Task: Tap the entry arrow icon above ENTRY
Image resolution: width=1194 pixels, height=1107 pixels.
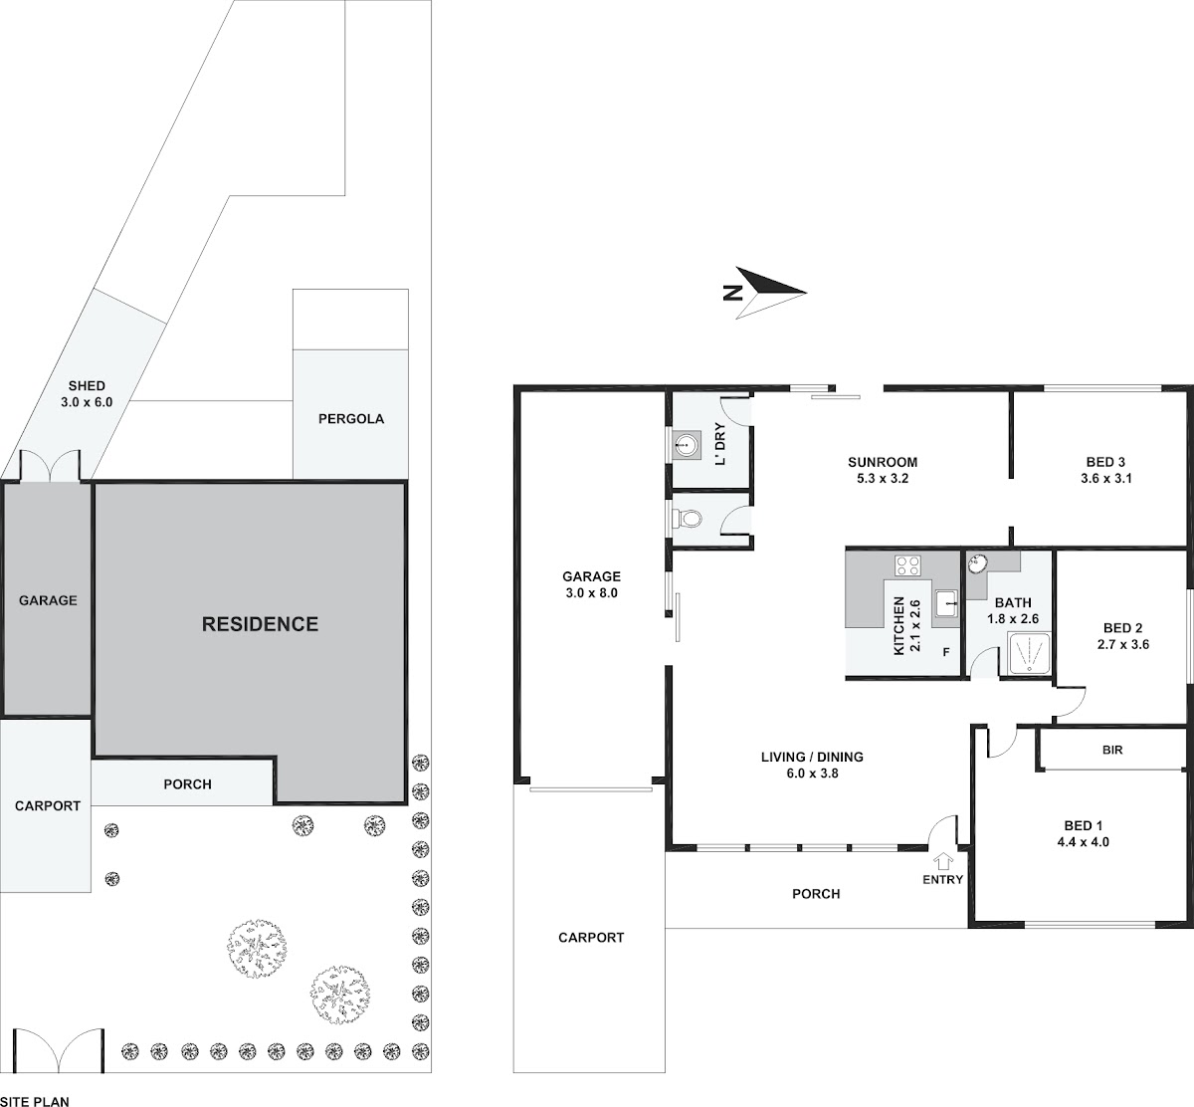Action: tap(942, 861)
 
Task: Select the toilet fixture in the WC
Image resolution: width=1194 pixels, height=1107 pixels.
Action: tap(688, 518)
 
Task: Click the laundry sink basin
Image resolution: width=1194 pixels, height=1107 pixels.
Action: tap(686, 446)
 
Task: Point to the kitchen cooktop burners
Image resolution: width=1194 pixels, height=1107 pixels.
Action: tap(907, 565)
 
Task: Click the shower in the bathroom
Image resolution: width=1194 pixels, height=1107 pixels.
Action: tap(1029, 653)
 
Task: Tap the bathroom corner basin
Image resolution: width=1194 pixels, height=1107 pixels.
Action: tap(977, 563)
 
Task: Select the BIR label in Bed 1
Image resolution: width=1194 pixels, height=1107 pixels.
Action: tap(1112, 750)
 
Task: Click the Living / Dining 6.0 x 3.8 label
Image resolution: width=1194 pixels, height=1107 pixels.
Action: tap(812, 765)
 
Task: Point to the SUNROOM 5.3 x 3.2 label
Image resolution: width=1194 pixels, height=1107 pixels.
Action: tap(883, 470)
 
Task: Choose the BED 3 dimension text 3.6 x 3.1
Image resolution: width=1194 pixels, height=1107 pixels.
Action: tap(1106, 478)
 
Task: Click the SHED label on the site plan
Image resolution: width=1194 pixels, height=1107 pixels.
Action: tap(87, 385)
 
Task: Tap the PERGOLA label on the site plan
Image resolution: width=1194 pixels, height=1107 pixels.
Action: tap(351, 419)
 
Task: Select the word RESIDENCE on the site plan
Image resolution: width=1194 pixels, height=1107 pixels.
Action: tap(260, 624)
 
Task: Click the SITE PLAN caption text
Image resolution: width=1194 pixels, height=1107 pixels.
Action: tap(34, 1102)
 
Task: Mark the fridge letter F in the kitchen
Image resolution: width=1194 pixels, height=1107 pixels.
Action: tap(945, 652)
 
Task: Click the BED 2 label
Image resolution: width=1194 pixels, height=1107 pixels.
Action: tap(1123, 628)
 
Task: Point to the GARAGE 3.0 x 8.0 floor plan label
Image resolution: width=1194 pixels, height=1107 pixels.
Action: tap(592, 584)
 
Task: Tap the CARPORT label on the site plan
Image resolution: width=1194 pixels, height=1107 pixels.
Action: tap(48, 805)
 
